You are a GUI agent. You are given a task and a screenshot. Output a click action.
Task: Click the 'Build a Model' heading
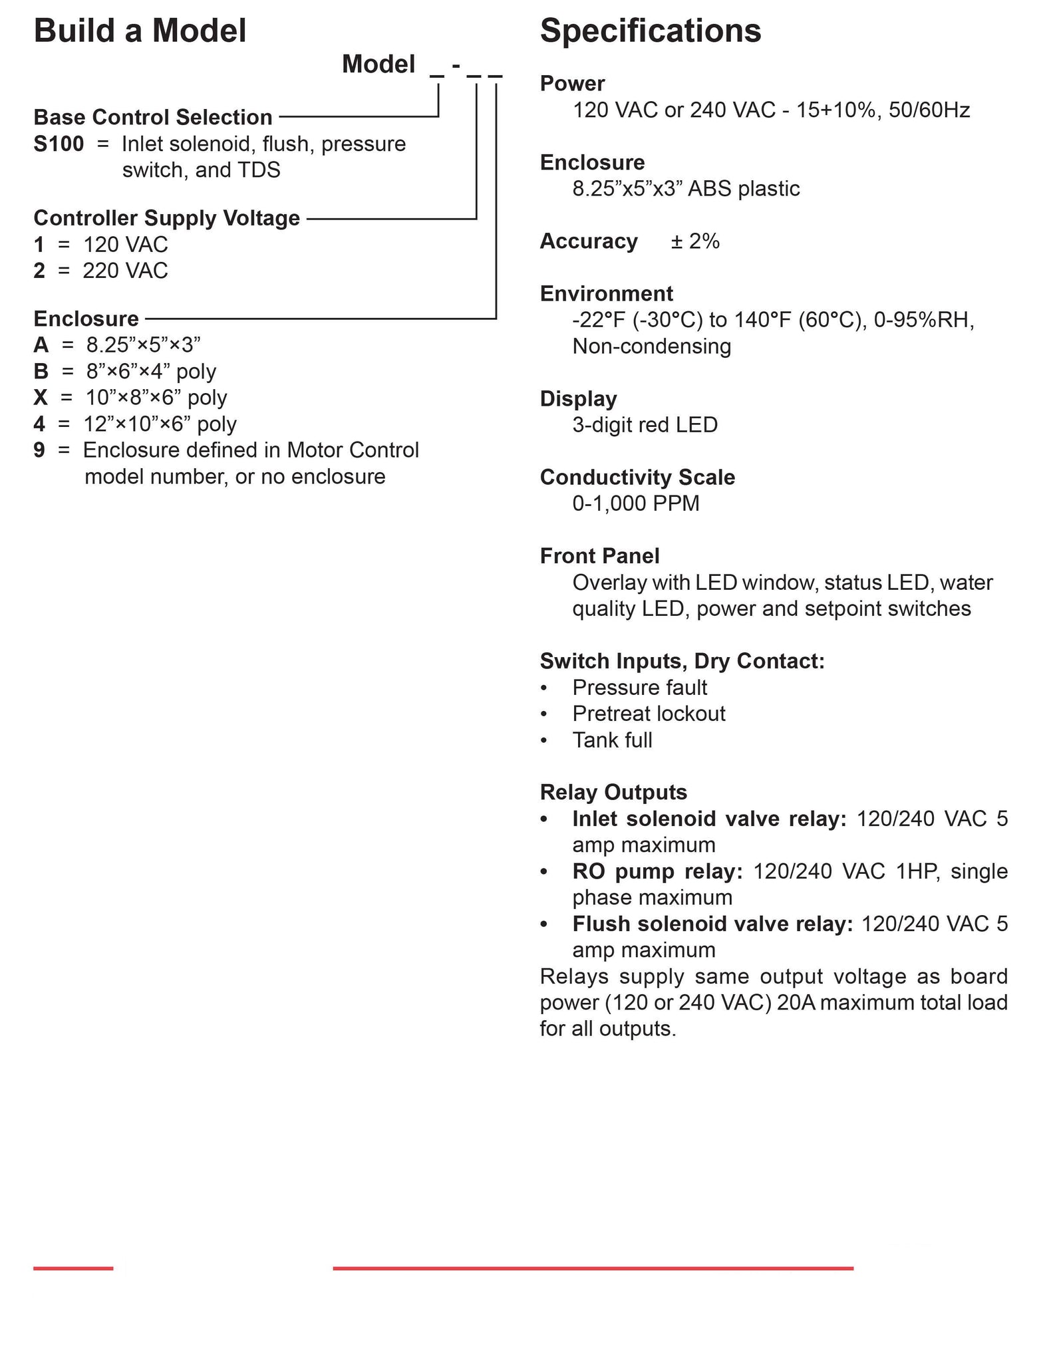click(x=140, y=31)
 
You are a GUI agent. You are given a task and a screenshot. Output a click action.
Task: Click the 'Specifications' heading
click(x=650, y=31)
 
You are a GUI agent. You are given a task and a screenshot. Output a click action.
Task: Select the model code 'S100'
click(x=59, y=144)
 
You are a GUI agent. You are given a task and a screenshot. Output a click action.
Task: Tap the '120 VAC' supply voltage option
click(x=125, y=245)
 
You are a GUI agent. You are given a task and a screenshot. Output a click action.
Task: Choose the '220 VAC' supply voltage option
click(x=125, y=271)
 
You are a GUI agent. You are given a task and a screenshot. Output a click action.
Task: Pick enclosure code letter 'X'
click(x=41, y=398)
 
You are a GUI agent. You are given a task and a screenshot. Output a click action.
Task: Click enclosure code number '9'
click(x=39, y=450)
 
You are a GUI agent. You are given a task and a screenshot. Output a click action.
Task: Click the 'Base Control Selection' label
click(x=153, y=117)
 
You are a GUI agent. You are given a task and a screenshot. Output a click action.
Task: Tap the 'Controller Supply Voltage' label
click(x=166, y=218)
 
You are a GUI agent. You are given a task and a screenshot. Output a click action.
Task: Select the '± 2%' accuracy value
click(x=694, y=241)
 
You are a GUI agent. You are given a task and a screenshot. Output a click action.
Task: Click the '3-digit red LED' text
click(x=645, y=424)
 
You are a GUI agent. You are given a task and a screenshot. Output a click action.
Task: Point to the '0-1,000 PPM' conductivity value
click(x=635, y=503)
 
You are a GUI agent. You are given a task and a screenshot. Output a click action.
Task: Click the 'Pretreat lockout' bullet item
click(x=649, y=714)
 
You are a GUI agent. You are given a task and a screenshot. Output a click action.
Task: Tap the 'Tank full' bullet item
click(x=612, y=740)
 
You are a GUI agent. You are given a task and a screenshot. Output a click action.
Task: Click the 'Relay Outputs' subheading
click(x=613, y=792)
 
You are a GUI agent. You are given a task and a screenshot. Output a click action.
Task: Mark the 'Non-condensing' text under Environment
click(x=651, y=346)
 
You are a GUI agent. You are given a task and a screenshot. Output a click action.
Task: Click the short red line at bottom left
click(x=73, y=1269)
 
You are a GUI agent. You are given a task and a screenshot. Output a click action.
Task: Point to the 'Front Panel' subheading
click(x=599, y=556)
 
